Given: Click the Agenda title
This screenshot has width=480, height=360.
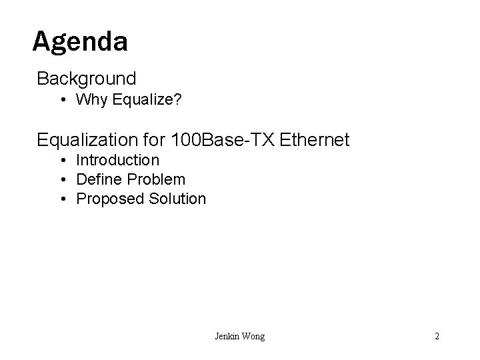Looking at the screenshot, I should tap(80, 42).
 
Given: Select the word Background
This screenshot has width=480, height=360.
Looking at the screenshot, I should tap(87, 79).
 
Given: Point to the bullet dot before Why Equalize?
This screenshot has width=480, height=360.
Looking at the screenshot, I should tap(61, 101).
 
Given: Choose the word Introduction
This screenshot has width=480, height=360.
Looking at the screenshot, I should tap(118, 160).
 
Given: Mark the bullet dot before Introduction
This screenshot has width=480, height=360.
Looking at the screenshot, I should tap(61, 161).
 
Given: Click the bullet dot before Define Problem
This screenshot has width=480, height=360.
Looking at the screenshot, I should tap(61, 180).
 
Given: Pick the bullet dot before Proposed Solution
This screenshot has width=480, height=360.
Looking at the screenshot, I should tap(61, 199).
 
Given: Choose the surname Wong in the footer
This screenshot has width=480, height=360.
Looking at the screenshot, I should tap(253, 337).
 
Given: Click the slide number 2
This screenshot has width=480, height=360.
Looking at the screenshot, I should tap(437, 337).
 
